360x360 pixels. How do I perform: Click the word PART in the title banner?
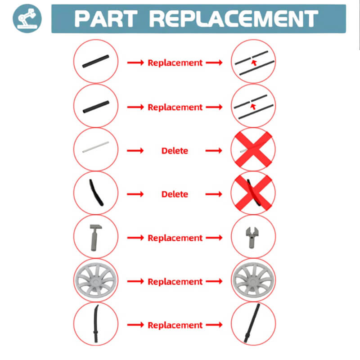pyautogui.click(x=106, y=19)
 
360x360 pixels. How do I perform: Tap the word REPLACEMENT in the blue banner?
pyautogui.click(x=234, y=19)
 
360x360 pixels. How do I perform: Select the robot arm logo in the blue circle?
pyautogui.click(x=27, y=18)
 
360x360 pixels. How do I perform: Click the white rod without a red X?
pyautogui.click(x=95, y=147)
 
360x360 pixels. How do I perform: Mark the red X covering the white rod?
pyautogui.click(x=253, y=149)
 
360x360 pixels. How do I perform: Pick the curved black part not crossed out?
pyautogui.click(x=96, y=193)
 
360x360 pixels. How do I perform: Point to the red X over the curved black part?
pyautogui.click(x=253, y=193)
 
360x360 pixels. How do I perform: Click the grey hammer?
pyautogui.click(x=95, y=238)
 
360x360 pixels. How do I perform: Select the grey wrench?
pyautogui.click(x=252, y=237)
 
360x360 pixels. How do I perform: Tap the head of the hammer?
pyautogui.click(x=96, y=227)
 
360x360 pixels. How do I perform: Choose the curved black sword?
pyautogui.click(x=96, y=323)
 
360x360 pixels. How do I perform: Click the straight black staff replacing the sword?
pyautogui.click(x=252, y=323)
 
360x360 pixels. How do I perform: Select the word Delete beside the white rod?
pyautogui.click(x=175, y=151)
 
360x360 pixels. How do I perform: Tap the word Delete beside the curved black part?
pyautogui.click(x=175, y=194)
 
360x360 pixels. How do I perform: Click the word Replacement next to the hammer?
pyautogui.click(x=175, y=238)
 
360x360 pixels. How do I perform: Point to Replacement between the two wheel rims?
pyautogui.click(x=175, y=282)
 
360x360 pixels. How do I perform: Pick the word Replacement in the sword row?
pyautogui.click(x=175, y=325)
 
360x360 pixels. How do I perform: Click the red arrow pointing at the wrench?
pyautogui.click(x=214, y=238)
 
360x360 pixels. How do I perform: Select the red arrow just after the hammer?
pyautogui.click(x=135, y=238)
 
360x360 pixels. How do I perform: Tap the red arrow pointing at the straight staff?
pyautogui.click(x=214, y=325)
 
